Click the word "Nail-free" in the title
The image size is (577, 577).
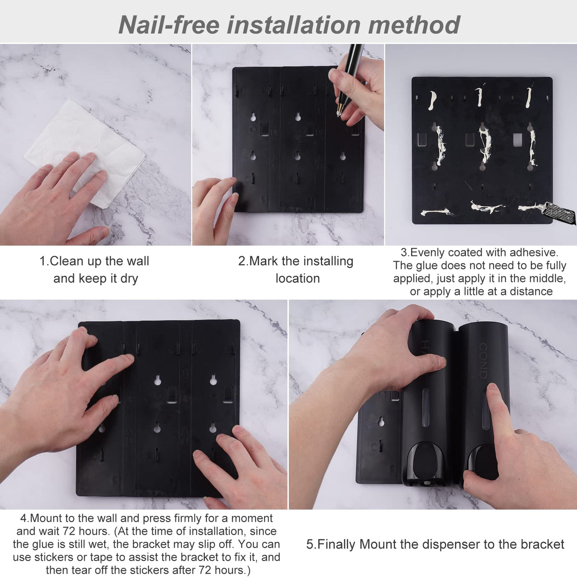point(169,25)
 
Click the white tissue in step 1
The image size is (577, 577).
point(85,153)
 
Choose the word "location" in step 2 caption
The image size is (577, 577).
point(298,278)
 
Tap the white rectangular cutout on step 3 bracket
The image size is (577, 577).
point(517,140)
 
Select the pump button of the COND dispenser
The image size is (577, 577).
point(482,463)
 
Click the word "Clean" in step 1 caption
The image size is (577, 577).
point(66,261)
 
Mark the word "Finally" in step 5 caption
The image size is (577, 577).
point(337,544)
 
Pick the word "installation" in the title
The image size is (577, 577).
point(293,25)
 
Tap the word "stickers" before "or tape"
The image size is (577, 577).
point(53,558)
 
